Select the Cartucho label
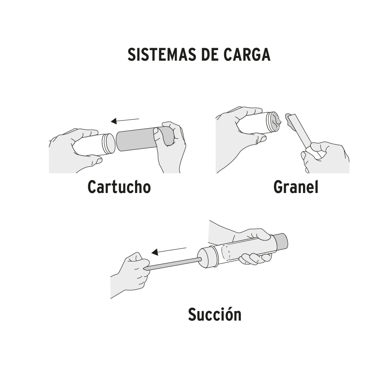pos(119,187)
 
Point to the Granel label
pos(296,187)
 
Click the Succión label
pos(215,314)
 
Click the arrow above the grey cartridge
pos(125,120)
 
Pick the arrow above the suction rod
pos(169,251)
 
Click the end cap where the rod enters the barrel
pos(207,257)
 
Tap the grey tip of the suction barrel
pos(284,241)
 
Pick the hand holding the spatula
pos(326,156)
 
